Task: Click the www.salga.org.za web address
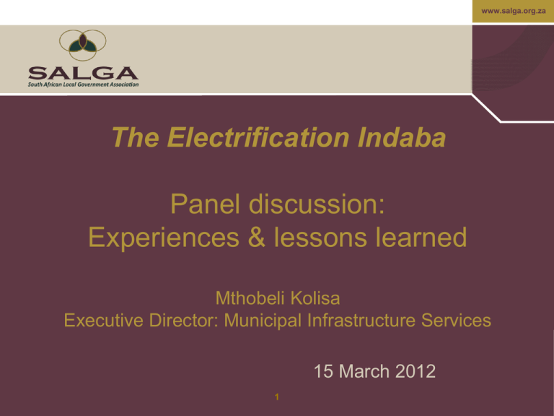point(514,11)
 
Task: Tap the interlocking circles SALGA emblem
point(83,45)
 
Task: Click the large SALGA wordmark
point(84,73)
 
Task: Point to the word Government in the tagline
point(93,85)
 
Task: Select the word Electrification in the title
point(258,137)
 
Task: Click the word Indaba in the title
point(402,137)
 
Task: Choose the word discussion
point(317,204)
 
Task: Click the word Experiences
point(164,238)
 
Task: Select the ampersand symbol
point(257,238)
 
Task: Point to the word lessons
point(320,238)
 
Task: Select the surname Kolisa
point(315,298)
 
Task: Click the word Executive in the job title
point(104,321)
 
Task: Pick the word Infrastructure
point(360,321)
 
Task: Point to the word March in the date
point(364,371)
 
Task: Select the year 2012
point(415,371)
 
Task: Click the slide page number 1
point(277,397)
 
